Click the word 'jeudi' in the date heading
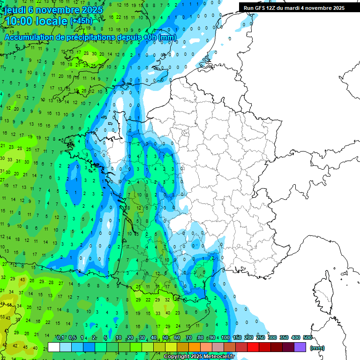16,10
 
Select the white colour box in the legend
54,347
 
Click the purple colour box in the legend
300,347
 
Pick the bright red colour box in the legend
253,347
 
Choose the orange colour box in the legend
195,347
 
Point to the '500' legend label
307,337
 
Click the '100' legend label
225,337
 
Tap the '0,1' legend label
60,337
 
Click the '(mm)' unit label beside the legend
317,348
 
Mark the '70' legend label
189,337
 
